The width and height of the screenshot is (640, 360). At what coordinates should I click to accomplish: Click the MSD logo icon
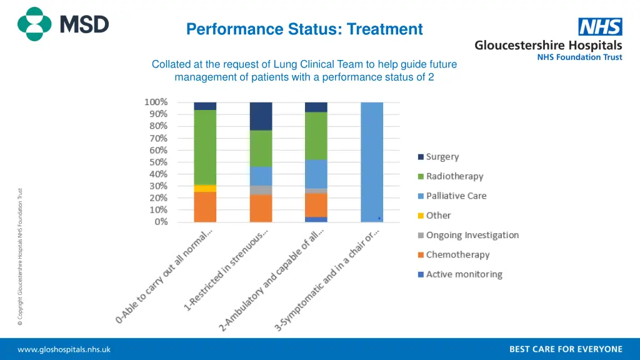[x=34, y=24]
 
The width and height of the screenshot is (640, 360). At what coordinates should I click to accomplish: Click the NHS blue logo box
[x=600, y=27]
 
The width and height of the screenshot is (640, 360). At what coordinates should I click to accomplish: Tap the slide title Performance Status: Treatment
[x=304, y=29]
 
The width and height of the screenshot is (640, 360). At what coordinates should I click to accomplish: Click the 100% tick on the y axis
[x=156, y=102]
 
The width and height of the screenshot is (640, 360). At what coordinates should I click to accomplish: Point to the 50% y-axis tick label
[x=157, y=162]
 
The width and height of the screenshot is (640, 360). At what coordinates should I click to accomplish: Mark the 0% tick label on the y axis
[x=161, y=222]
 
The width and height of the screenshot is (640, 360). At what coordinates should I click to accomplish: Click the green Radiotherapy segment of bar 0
[x=205, y=147]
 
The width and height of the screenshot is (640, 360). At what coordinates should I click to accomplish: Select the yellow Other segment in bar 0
[x=205, y=188]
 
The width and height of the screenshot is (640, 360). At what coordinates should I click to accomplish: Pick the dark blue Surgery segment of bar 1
[x=261, y=116]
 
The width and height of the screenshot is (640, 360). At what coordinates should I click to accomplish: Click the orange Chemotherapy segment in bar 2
[x=316, y=205]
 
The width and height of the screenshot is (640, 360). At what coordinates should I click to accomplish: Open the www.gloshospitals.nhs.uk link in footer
[x=64, y=349]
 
